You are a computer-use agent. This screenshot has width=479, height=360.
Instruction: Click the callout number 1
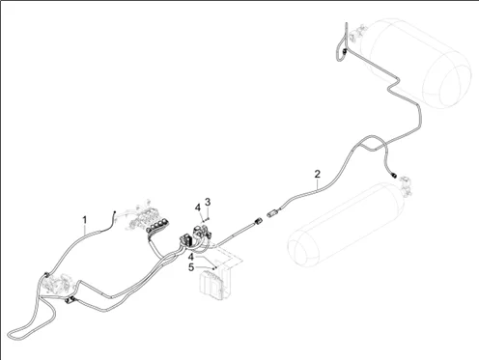click(x=85, y=220)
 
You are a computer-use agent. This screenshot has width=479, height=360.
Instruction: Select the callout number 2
click(x=318, y=174)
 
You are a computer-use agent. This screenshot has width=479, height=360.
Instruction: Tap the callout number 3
click(x=208, y=202)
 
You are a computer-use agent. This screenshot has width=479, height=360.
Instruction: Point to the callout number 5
click(x=191, y=267)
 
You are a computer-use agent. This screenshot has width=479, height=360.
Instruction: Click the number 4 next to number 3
click(x=198, y=208)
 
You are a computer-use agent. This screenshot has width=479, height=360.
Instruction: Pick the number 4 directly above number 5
click(x=191, y=257)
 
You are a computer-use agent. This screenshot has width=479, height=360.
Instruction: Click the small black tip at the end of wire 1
click(x=114, y=212)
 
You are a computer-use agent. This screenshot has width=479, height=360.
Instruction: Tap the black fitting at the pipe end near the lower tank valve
click(x=393, y=175)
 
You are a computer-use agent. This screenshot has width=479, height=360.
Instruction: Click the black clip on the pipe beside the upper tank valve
click(x=345, y=51)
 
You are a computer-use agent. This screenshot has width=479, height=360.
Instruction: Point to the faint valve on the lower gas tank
click(x=406, y=186)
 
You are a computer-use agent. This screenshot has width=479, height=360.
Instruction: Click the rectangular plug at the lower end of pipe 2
click(x=273, y=212)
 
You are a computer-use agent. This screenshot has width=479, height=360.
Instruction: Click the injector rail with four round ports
click(x=157, y=225)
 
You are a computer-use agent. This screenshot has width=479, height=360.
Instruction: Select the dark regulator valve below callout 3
click(x=201, y=233)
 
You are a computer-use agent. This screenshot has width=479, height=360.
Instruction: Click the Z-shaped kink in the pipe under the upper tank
click(x=393, y=85)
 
